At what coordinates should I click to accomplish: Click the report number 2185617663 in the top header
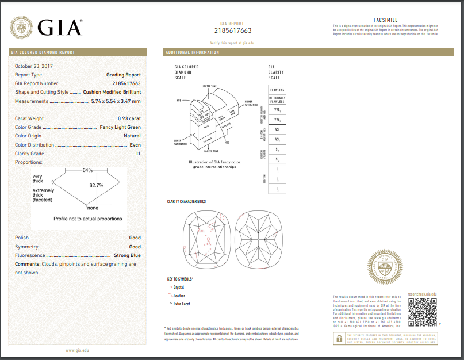click(x=232, y=30)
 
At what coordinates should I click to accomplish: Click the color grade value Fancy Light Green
click(x=120, y=127)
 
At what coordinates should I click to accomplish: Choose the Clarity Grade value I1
click(x=138, y=154)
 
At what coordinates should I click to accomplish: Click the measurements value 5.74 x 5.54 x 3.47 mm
click(x=116, y=101)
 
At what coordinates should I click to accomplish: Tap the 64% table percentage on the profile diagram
click(x=87, y=170)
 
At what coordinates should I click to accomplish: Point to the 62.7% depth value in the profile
click(x=96, y=186)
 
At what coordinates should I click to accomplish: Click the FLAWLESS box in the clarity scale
click(x=277, y=90)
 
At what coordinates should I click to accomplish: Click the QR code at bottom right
click(x=421, y=312)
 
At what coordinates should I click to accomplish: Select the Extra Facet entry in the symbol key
click(x=181, y=303)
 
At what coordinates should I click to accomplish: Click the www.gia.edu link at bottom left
click(x=77, y=350)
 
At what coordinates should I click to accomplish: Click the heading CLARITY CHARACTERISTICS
click(x=186, y=201)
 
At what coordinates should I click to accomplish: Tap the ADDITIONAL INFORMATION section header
click(x=193, y=52)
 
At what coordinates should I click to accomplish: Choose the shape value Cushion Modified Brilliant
click(x=112, y=92)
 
